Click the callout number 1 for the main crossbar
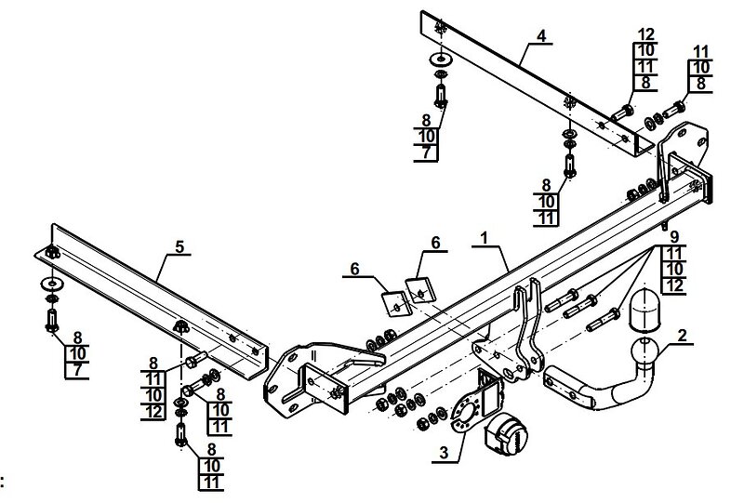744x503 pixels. (x=484, y=238)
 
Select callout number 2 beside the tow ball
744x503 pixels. (x=683, y=336)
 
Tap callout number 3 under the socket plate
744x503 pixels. (x=444, y=453)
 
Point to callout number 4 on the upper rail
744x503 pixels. (x=541, y=35)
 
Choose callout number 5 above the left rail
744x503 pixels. (x=179, y=246)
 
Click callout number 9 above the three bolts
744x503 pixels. (x=674, y=236)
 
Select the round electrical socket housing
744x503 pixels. (x=508, y=433)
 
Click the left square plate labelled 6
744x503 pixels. (x=397, y=304)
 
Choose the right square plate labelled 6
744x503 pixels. (x=421, y=289)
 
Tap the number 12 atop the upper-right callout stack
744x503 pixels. (x=646, y=34)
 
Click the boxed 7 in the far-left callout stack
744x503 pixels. (x=77, y=370)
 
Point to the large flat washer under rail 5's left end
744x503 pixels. (x=52, y=285)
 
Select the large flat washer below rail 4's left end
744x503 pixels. (x=441, y=60)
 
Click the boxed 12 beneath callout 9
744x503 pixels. (x=673, y=285)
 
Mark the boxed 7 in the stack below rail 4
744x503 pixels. (x=426, y=152)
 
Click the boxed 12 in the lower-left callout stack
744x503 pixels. (x=153, y=411)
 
